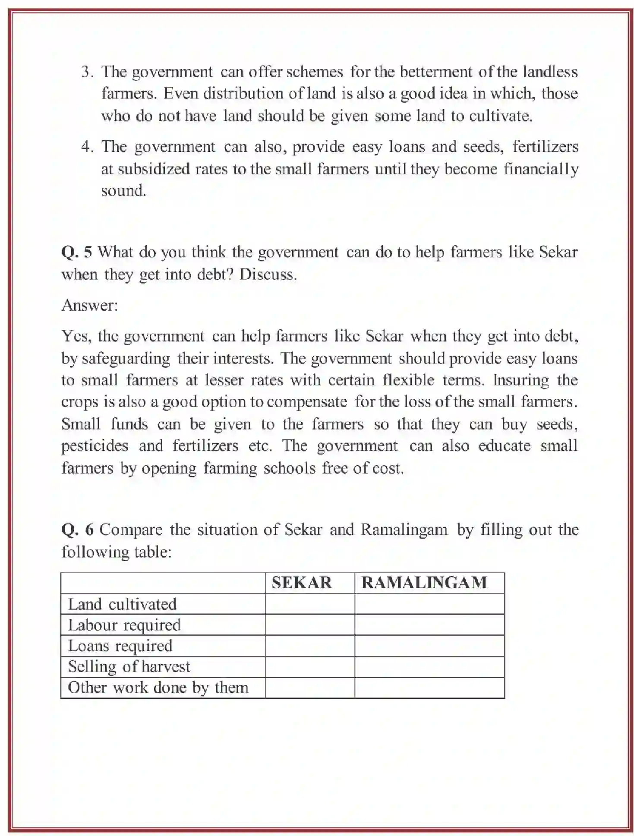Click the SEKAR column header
pos(301,583)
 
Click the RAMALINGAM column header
pos(424,583)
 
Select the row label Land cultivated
pos(122,604)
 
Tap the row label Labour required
pos(124,625)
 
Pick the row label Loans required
pos(120,646)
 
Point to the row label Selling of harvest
pos(129,666)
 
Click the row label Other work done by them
pos(158,687)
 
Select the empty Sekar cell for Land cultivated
pos(309,604)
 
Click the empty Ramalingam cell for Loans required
pos(429,646)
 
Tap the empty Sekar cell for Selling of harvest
pos(309,666)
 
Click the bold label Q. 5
pos(76,252)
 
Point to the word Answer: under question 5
pos(89,305)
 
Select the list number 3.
pos(87,72)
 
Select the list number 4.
pos(87,147)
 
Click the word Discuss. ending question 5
pos(268,274)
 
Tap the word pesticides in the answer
pos(95,446)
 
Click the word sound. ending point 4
pos(123,191)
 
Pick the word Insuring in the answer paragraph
pos(521,380)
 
